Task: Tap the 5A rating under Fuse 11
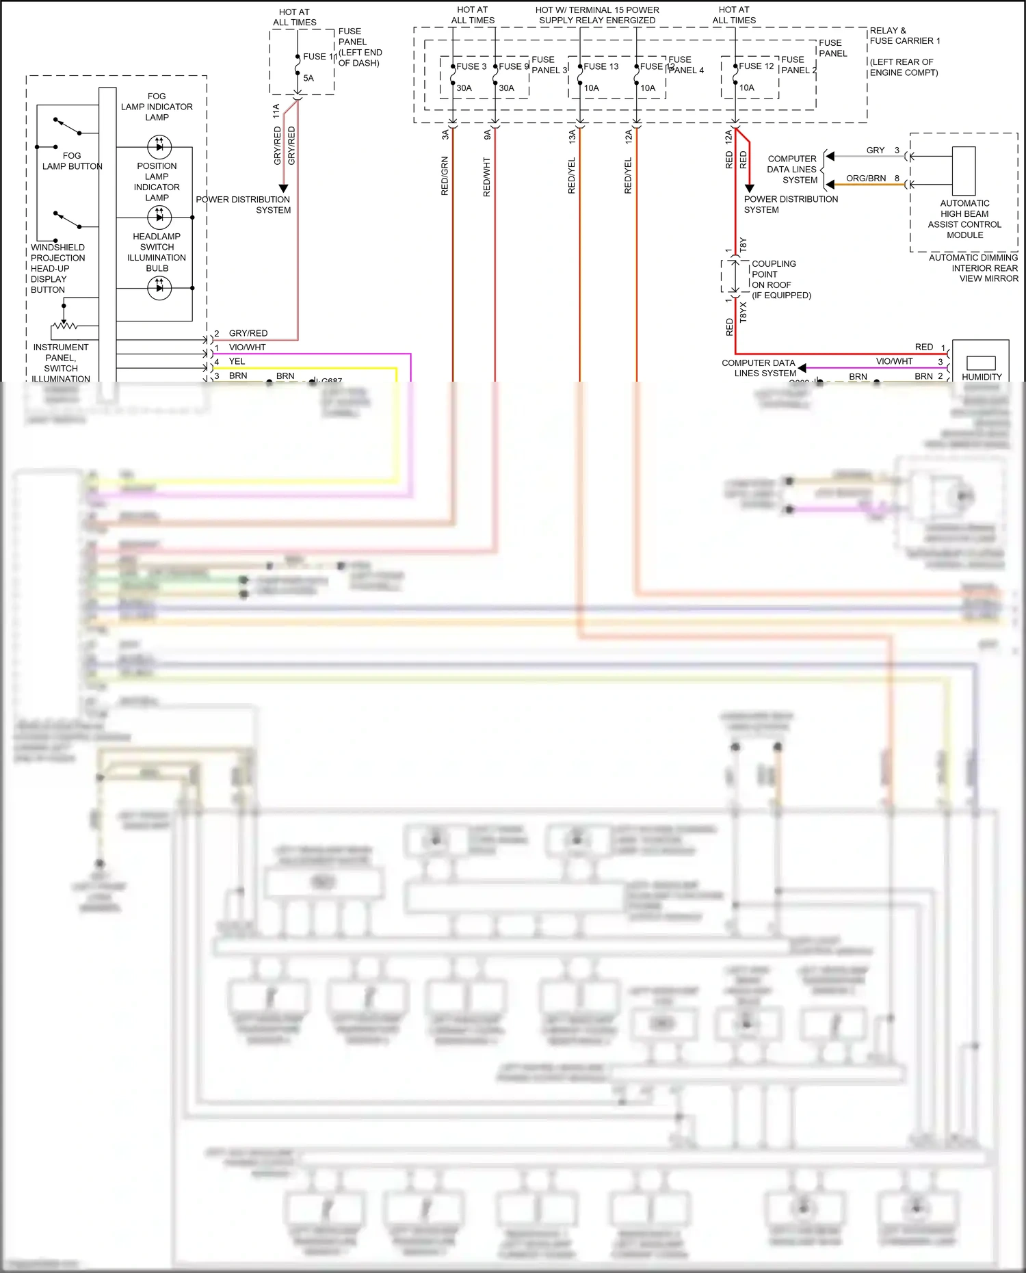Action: (308, 78)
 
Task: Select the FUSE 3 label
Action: (471, 66)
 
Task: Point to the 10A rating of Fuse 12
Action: (747, 88)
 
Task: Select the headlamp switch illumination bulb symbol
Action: (159, 288)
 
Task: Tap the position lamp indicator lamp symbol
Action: (159, 218)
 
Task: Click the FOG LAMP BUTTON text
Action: (72, 161)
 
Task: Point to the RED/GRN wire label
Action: (445, 176)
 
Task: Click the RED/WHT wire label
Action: (487, 177)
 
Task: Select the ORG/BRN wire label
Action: (865, 179)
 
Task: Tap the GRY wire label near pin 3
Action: (875, 150)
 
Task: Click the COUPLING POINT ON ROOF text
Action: (774, 274)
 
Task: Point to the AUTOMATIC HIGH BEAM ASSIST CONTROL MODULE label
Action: (964, 219)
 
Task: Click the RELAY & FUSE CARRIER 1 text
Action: (904, 36)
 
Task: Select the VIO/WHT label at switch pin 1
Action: (247, 347)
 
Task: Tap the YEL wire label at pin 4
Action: (237, 361)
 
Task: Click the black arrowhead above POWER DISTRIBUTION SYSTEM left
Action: (283, 188)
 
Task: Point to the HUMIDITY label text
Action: (982, 377)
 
